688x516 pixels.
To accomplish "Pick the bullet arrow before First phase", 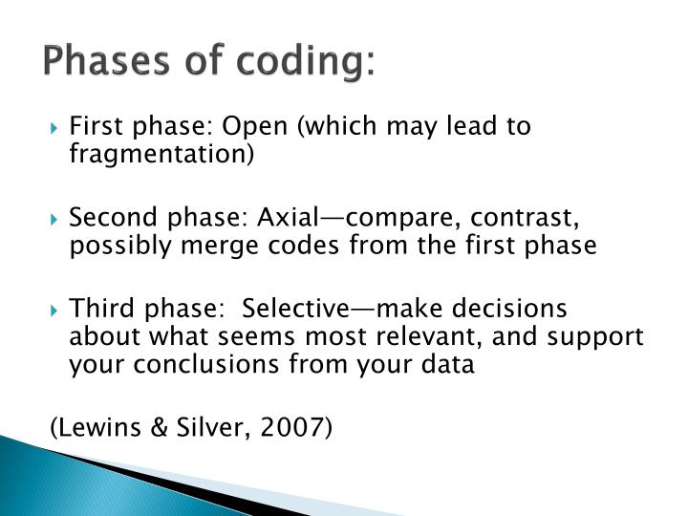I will click(x=56, y=128).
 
